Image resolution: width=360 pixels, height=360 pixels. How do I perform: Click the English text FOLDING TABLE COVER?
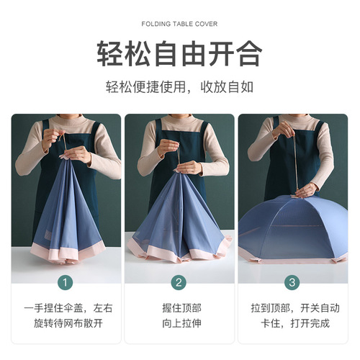(x=179, y=23)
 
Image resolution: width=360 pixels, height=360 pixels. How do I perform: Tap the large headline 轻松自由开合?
(x=179, y=53)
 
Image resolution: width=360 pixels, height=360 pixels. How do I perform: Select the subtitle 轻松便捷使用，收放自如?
(x=179, y=87)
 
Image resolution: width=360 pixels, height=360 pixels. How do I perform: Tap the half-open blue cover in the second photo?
(x=180, y=216)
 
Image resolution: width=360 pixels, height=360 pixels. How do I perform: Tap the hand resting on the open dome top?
(x=305, y=189)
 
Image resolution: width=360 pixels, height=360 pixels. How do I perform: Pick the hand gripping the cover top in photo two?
(x=189, y=167)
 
